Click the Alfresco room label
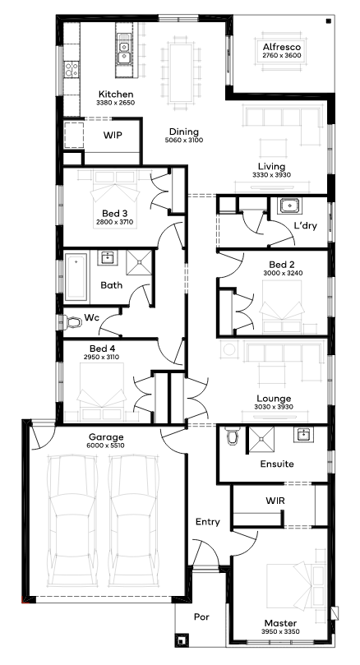point(282,47)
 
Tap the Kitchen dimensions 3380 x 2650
point(116,103)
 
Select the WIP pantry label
point(113,136)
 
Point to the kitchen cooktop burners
point(72,70)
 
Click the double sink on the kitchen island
point(124,53)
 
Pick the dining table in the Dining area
point(180,72)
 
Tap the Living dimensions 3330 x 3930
point(272,175)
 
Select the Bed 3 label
point(114,213)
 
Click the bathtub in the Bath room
point(76,276)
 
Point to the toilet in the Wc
point(73,323)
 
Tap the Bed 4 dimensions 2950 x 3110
point(101,357)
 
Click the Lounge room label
point(274,399)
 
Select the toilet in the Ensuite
point(233,436)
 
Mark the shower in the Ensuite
point(261,441)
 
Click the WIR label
point(275,501)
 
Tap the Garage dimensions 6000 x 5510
point(106,446)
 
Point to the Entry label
point(208,522)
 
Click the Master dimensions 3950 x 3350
point(280,631)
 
